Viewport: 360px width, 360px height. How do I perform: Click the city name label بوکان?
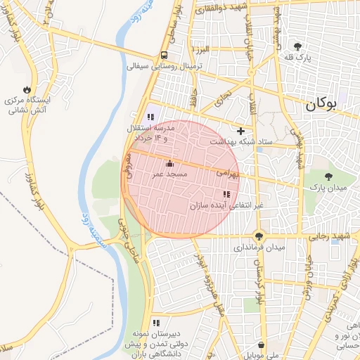tap(321, 105)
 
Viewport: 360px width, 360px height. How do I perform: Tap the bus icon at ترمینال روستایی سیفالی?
tap(164, 56)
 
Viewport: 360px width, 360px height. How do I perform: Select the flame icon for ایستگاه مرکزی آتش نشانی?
tap(27, 90)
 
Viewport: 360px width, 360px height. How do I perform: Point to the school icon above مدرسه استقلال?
tap(150, 117)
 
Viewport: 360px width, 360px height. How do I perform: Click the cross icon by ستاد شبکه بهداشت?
tap(241, 131)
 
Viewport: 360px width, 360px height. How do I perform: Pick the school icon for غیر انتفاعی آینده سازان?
tap(226, 195)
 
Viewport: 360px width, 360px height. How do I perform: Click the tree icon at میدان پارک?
tap(330, 176)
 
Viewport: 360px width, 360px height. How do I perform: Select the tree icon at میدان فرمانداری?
tap(259, 237)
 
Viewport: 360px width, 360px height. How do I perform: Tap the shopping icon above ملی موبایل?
tap(262, 345)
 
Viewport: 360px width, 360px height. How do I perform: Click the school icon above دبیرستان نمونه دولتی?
tap(155, 323)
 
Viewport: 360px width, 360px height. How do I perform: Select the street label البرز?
tap(203, 51)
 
